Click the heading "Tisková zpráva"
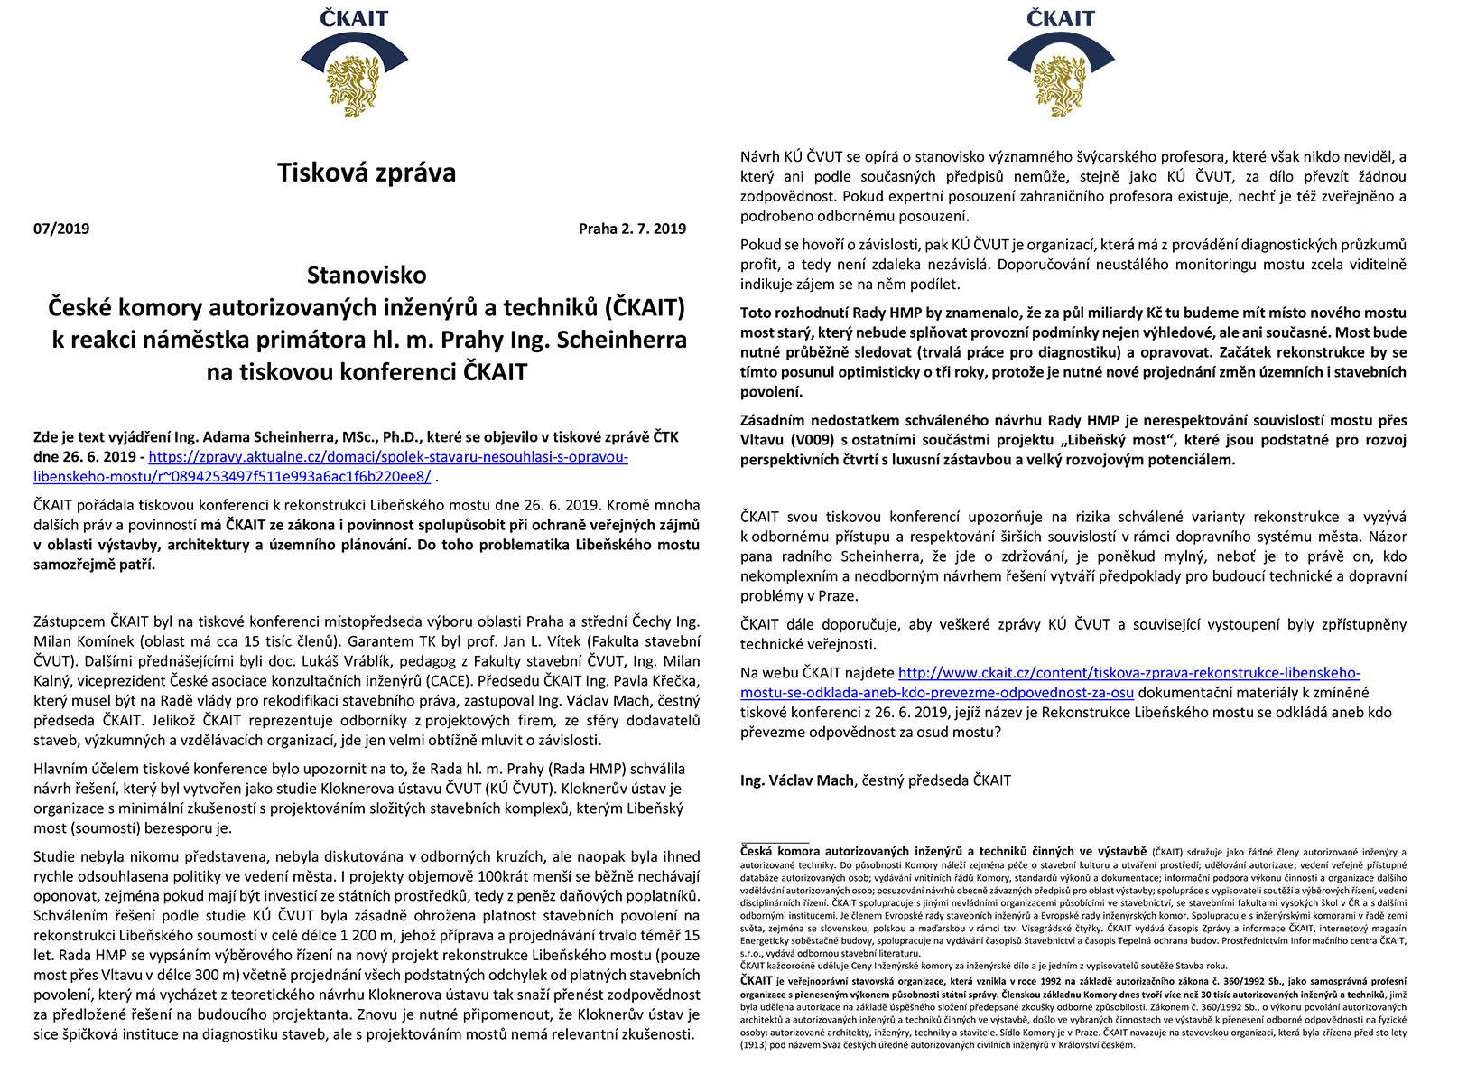coord(367,173)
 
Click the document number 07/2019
coord(61,229)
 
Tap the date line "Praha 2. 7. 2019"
coord(632,229)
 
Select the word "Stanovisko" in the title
coord(367,275)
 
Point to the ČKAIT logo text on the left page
coord(354,18)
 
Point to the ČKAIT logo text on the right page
coord(1060,18)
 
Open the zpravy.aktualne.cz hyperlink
coord(388,457)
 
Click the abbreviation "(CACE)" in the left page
coord(446,681)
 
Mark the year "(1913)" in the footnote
coord(757,1045)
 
